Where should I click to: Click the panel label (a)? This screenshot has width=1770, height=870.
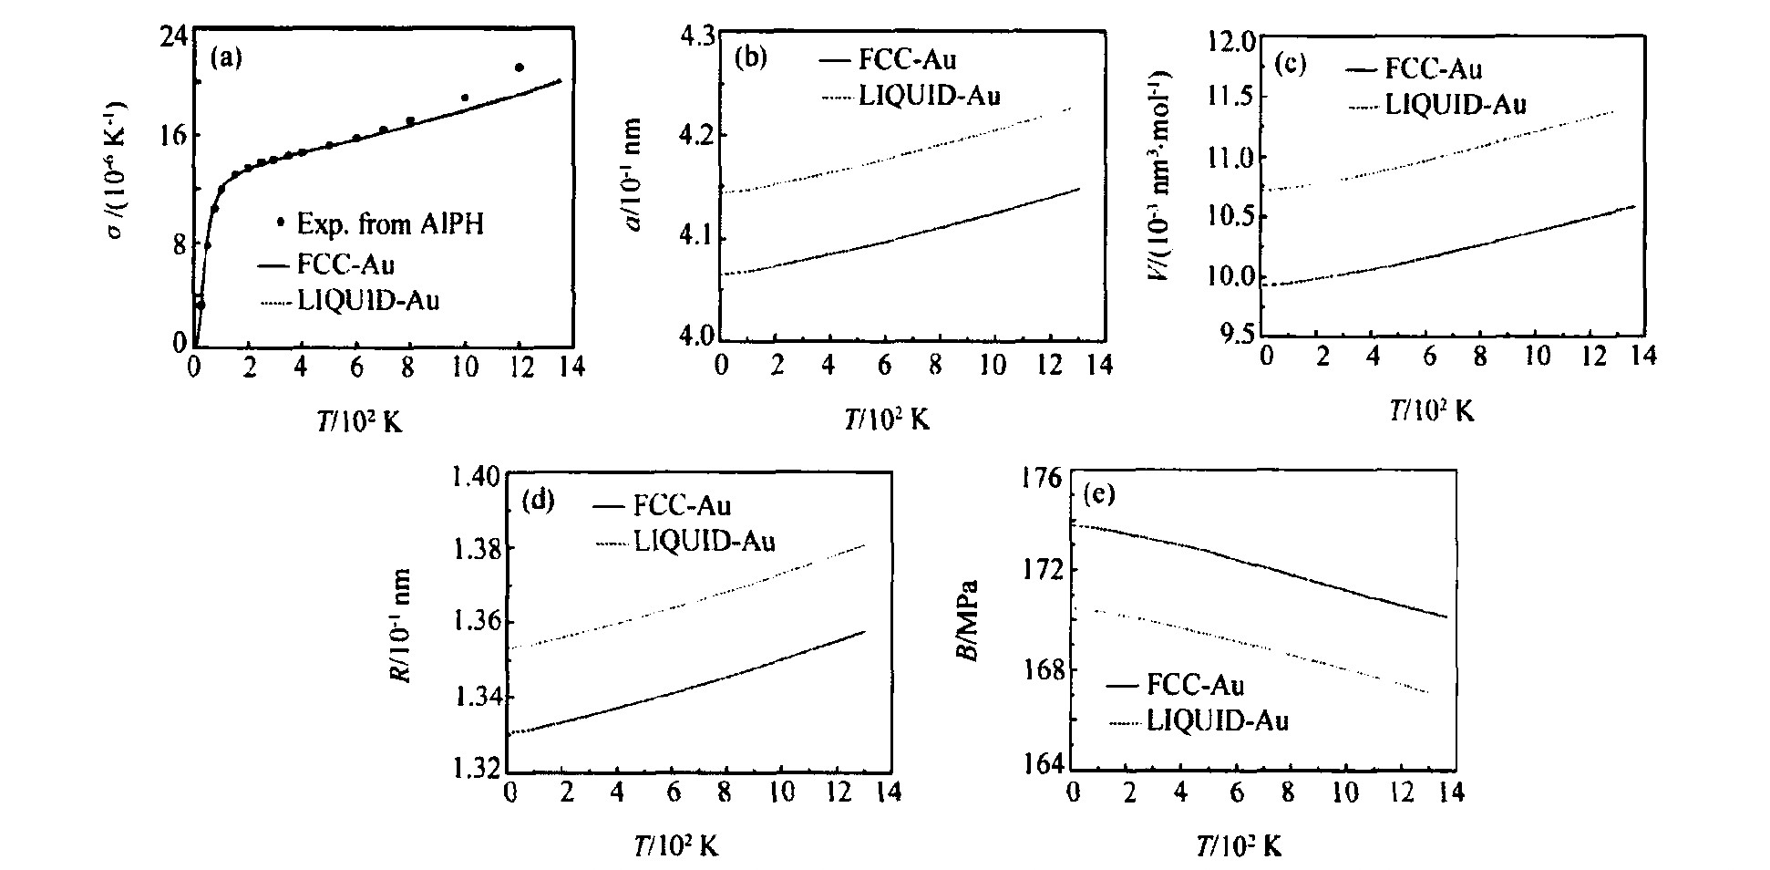226,58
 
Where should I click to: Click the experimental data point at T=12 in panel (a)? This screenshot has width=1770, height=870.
520,67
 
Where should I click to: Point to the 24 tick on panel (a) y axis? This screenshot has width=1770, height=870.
174,36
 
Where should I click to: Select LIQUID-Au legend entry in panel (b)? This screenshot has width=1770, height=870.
928,94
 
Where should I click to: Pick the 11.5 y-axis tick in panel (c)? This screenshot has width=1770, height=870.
1230,97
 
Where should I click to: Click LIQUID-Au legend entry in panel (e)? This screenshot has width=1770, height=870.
1217,721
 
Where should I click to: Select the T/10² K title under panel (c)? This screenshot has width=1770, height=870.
1431,411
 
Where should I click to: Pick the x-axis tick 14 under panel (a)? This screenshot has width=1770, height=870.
571,367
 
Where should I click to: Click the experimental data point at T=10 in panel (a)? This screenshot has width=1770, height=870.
465,98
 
